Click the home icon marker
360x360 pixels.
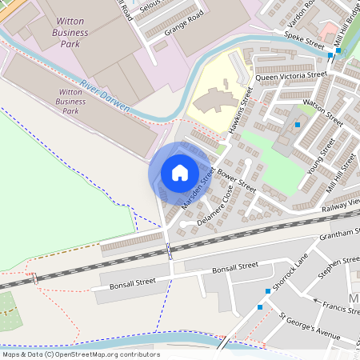pyautogui.click(x=179, y=172)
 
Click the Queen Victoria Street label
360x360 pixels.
pyautogui.click(x=292, y=77)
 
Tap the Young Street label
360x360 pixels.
pyautogui.click(x=322, y=155)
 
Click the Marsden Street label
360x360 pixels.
pyautogui.click(x=198, y=189)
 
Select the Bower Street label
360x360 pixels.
pyautogui.click(x=236, y=181)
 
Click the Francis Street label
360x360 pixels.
pyautogui.click(x=340, y=307)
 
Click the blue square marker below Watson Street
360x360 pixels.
pyautogui.click(x=298, y=125)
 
